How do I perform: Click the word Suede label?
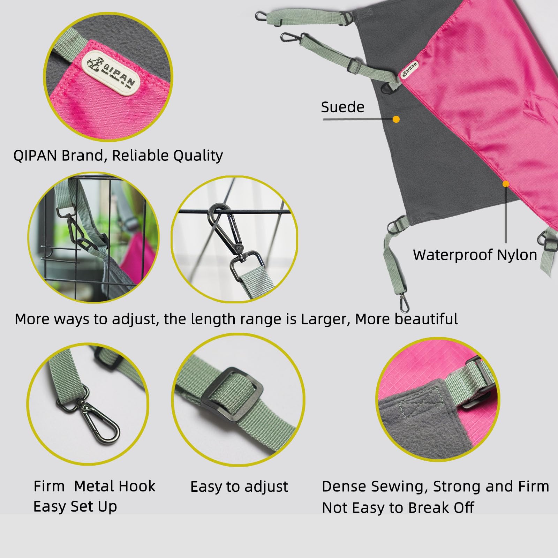click(342, 107)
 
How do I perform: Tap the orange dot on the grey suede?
click(396, 119)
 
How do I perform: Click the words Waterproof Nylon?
click(475, 255)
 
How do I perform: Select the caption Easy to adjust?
click(239, 487)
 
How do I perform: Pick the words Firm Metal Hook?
click(95, 486)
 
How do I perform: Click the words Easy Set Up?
click(75, 507)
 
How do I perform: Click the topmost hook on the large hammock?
click(261, 16)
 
